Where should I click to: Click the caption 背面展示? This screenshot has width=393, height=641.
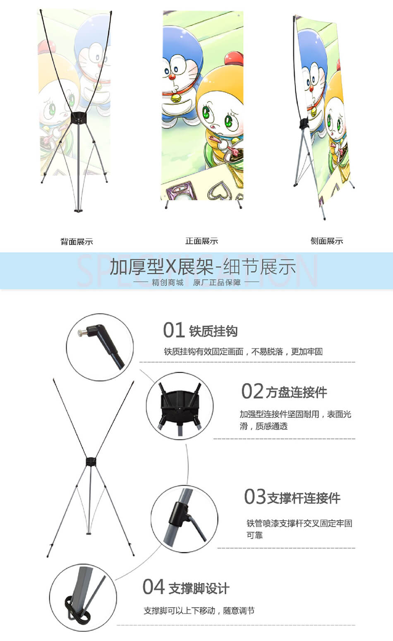[77, 241]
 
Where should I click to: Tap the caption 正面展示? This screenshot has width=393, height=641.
[201, 241]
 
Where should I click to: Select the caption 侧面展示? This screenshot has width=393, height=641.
[327, 241]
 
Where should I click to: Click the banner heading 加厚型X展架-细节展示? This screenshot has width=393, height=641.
[203, 267]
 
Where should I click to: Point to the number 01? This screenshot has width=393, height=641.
[173, 330]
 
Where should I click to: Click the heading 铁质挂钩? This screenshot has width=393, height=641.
[213, 331]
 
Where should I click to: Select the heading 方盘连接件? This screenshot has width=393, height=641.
[296, 393]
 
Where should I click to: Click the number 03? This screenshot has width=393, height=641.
[254, 497]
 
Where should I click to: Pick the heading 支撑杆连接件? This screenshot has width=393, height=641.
[304, 498]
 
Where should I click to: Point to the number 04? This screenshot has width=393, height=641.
[153, 587]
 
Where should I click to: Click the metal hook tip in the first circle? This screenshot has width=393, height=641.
[83, 332]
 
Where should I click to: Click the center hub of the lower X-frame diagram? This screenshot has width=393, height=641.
[91, 461]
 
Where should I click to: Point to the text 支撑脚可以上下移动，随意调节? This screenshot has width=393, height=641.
[199, 611]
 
